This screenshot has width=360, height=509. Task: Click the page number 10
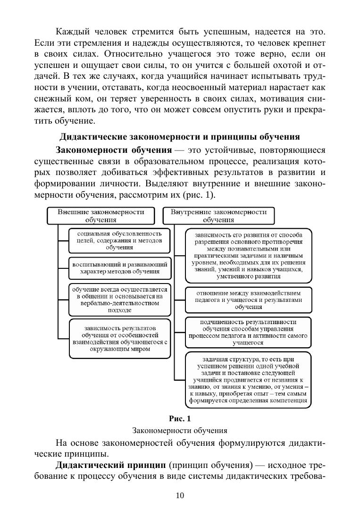tap(180, 495)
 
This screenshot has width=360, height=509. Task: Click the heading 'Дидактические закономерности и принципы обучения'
tap(179, 137)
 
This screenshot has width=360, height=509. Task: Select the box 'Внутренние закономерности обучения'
tap(218, 216)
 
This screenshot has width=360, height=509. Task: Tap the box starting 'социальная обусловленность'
tap(119, 240)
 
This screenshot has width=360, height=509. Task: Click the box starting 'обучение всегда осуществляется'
tap(119, 299)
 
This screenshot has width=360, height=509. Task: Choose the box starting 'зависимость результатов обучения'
tap(119, 338)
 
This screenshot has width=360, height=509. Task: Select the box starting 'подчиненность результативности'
tap(248, 332)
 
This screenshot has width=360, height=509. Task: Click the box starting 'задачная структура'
tap(248, 379)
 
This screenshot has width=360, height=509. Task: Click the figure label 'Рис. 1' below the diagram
tap(180, 418)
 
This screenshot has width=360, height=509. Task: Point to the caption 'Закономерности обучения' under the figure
tap(180, 430)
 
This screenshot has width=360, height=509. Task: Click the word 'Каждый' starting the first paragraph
tap(71, 32)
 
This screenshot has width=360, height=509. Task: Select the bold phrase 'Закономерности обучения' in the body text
tap(113, 150)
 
